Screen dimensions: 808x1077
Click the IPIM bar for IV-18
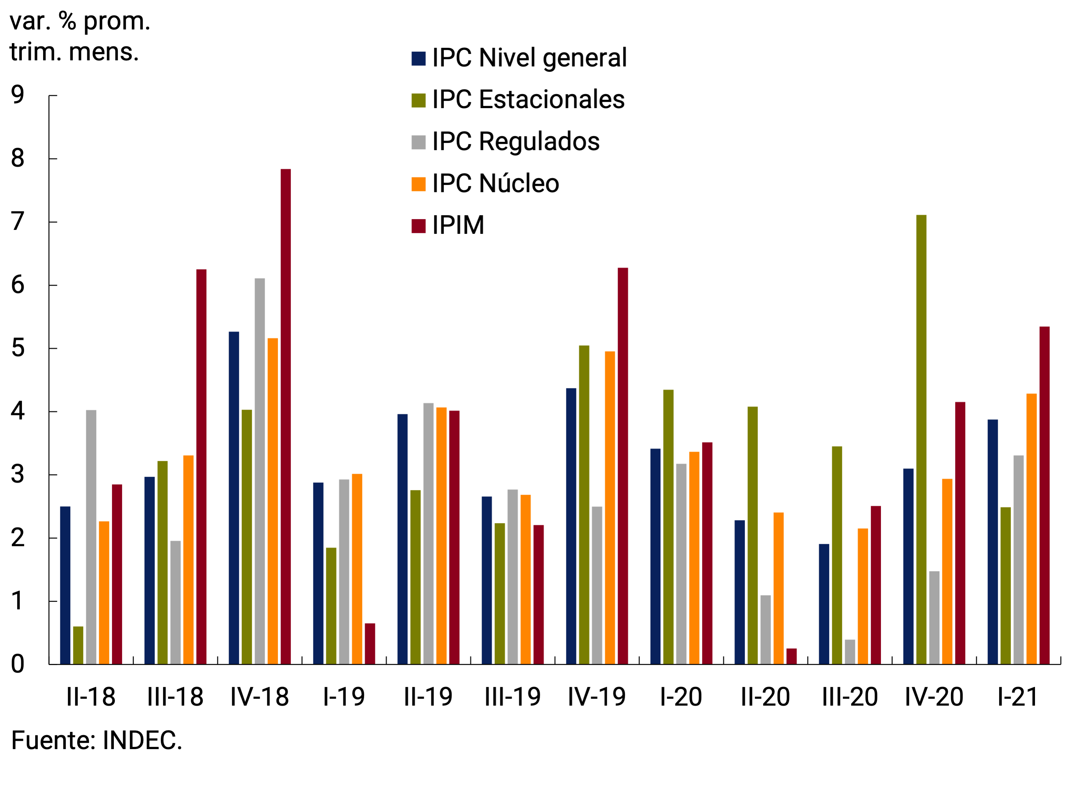[x=286, y=416]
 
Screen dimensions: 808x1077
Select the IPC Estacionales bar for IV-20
[x=921, y=439]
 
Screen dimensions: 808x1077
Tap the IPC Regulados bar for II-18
[x=91, y=537]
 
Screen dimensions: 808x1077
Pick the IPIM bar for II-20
[x=791, y=656]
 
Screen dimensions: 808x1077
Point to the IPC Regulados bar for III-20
[x=850, y=652]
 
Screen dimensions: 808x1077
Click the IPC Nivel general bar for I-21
[x=993, y=541]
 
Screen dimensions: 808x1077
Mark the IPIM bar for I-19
[x=370, y=643]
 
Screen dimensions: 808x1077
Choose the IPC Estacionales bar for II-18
[x=78, y=645]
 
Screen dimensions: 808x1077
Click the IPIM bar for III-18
[x=201, y=467]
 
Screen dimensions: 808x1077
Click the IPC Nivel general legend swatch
[x=418, y=59]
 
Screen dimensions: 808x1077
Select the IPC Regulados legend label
[x=516, y=142]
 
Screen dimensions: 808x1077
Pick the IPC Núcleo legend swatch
[x=418, y=184]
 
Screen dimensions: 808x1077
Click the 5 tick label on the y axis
[x=18, y=348]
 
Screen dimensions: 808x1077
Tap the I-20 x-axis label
[x=681, y=697]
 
